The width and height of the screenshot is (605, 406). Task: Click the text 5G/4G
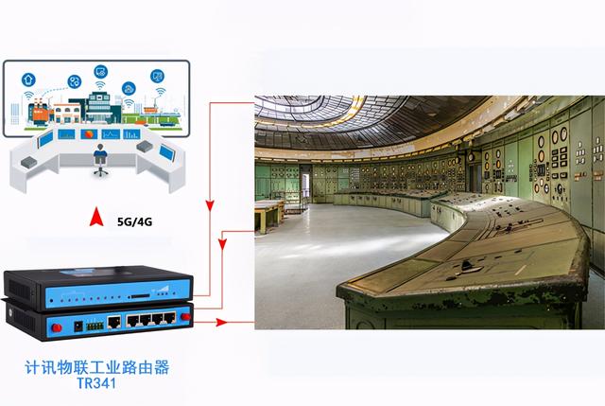pos(134,221)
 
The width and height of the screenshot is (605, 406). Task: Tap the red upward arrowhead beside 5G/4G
pos(96,217)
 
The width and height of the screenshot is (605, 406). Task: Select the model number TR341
pos(96,383)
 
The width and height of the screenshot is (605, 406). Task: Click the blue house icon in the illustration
pos(28,79)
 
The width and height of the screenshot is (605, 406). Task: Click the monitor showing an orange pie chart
pos(89,134)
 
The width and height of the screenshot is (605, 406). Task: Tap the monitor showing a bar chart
pos(131,134)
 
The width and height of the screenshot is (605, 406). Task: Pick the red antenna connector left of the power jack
pos(57,328)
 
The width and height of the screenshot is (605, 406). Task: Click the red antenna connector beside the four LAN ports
pos(185,317)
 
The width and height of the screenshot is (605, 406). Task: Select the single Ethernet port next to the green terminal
pos(113,322)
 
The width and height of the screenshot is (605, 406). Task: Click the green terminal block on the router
pos(95,327)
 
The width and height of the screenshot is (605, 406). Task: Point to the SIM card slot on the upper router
pos(140,296)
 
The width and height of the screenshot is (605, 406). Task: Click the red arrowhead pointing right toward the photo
pos(221,322)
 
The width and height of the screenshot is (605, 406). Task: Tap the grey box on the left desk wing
pos(29,162)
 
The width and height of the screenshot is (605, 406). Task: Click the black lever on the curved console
pos(465,265)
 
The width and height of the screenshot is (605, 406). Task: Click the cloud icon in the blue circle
pos(129,88)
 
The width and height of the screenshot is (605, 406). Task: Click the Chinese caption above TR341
pos(97,367)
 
